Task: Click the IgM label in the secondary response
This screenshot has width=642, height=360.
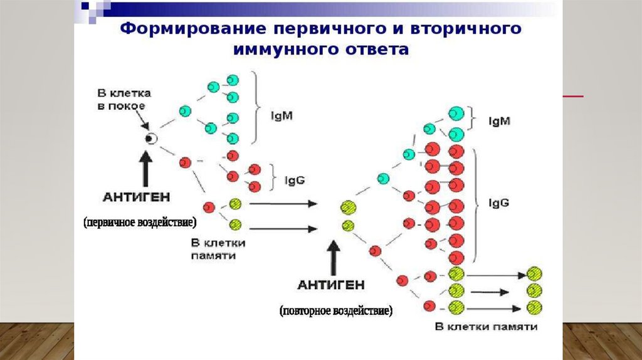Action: tap(500, 122)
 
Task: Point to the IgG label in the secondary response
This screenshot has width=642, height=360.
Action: tap(500, 203)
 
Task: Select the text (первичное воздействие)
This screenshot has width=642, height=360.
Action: tap(140, 223)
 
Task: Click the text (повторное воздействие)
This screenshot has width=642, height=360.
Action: tap(336, 310)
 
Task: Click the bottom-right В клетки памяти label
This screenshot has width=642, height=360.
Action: tap(486, 327)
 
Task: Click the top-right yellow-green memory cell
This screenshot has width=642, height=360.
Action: tap(534, 273)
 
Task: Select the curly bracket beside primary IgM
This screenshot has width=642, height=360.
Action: tap(256, 107)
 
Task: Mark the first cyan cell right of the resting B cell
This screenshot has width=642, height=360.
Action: tap(184, 111)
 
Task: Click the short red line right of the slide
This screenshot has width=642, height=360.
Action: tap(573, 96)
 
